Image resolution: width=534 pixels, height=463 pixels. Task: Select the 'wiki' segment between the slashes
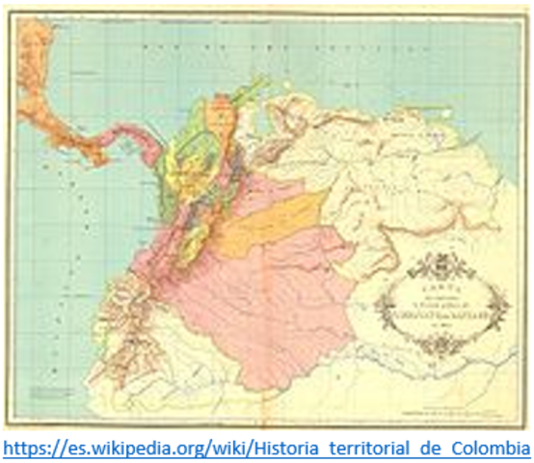[255, 448]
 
